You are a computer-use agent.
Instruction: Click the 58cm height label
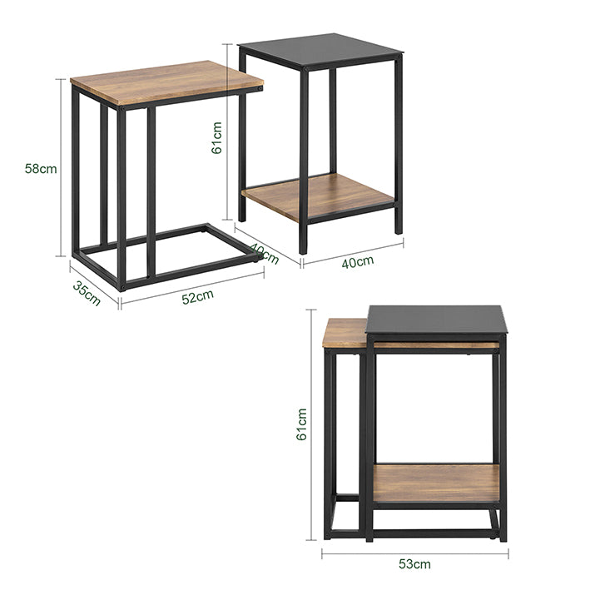41,168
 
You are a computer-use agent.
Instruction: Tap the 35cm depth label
87,294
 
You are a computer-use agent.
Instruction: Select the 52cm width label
197,296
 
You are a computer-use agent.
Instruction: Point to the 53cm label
414,564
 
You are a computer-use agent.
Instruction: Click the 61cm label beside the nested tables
302,424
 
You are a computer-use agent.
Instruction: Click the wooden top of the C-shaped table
166,81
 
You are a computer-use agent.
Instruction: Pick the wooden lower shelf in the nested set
436,483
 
